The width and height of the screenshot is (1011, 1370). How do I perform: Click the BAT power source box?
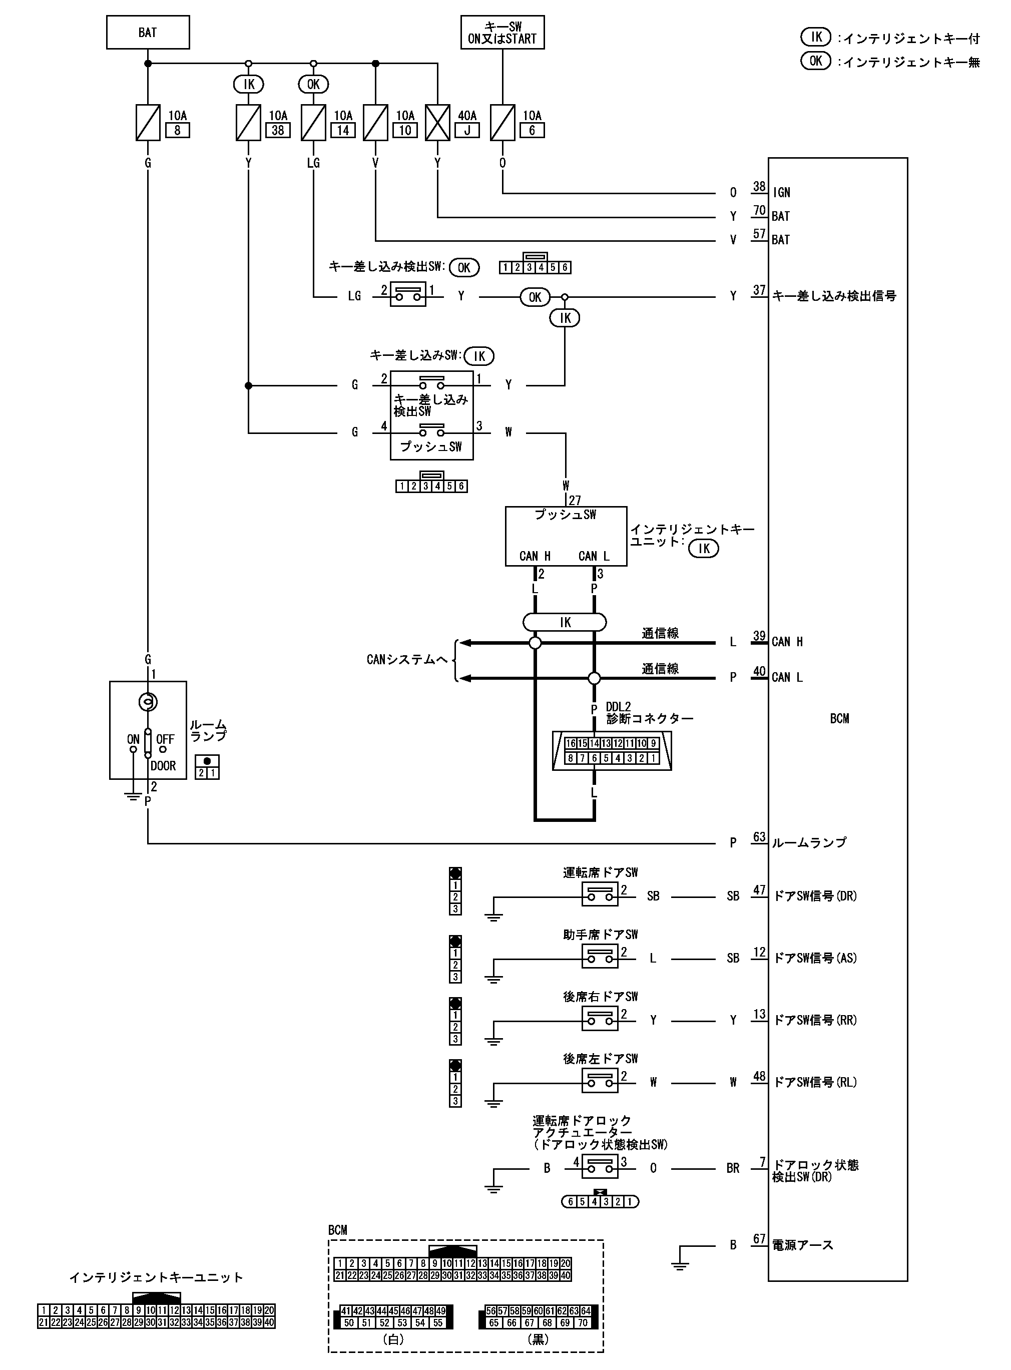[x=148, y=33]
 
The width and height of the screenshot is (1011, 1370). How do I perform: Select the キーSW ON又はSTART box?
[x=502, y=33]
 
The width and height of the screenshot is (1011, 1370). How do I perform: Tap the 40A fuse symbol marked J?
[x=437, y=122]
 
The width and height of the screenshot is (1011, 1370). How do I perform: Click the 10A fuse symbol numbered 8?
[x=148, y=122]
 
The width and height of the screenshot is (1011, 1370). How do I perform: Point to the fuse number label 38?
[x=278, y=130]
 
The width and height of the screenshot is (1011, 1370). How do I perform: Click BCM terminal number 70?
[x=759, y=211]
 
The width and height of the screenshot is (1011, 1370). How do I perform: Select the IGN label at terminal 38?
[x=781, y=193]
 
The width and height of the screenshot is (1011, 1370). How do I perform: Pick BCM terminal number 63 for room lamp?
[x=759, y=837]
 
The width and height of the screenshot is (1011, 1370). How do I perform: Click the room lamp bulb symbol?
[x=148, y=702]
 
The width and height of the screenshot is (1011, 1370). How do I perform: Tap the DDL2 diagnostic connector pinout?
[x=612, y=751]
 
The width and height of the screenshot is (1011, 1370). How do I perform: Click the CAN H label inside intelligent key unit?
[x=535, y=556]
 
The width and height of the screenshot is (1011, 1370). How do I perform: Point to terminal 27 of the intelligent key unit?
[x=575, y=500]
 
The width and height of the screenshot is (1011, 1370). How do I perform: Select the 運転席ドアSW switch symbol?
[x=600, y=896]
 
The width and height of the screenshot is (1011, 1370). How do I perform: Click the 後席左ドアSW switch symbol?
[x=600, y=1082]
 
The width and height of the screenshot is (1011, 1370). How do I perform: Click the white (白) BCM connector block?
[x=393, y=1317]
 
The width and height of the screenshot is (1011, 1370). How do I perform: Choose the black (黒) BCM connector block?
[x=538, y=1317]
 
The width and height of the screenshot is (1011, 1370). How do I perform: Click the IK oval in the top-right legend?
[x=816, y=38]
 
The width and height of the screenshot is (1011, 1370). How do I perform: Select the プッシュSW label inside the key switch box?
[x=431, y=446]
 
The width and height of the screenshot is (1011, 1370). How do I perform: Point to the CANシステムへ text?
[x=407, y=660]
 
